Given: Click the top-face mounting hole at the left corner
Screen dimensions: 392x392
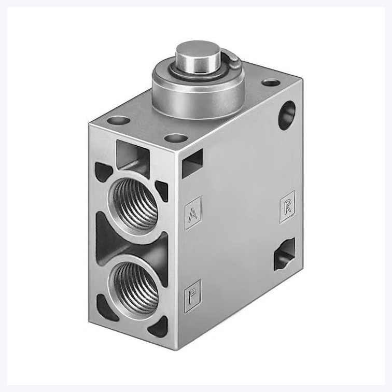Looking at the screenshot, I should tap(118, 120).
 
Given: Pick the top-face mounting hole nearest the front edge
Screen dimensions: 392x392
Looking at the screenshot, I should tap(176, 138).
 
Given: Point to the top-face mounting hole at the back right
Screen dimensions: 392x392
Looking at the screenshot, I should tap(271, 82).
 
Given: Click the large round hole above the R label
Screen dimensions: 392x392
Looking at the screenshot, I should tap(287, 115).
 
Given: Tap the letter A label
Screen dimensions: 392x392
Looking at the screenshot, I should tap(193, 213).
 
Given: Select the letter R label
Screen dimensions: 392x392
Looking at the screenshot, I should tap(287, 207).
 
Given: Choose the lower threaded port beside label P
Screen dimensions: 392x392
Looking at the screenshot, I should tap(135, 287).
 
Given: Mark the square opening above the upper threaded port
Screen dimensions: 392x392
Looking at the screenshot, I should tap(132, 155).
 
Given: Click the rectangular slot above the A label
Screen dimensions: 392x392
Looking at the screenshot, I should tap(192, 162).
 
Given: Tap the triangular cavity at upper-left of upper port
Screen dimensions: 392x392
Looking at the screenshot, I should tap(103, 172).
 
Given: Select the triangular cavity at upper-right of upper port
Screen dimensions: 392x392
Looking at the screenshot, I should tap(162, 191).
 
